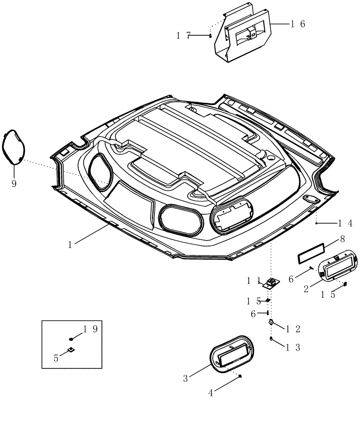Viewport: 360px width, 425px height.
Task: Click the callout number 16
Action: (x=298, y=24)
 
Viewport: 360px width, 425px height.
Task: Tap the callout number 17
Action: (x=183, y=36)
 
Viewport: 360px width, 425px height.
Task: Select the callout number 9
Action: (x=14, y=184)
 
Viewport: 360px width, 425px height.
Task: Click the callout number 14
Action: (x=345, y=223)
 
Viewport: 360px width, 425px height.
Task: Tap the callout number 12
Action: (x=293, y=329)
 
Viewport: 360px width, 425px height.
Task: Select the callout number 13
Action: (x=293, y=347)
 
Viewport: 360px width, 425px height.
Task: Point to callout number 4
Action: (x=211, y=393)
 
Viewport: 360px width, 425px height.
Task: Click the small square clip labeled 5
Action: (x=71, y=350)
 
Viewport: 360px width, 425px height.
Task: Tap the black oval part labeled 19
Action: (x=71, y=339)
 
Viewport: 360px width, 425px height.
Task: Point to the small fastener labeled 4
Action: (x=240, y=376)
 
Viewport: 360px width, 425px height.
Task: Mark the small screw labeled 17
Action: (x=210, y=36)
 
